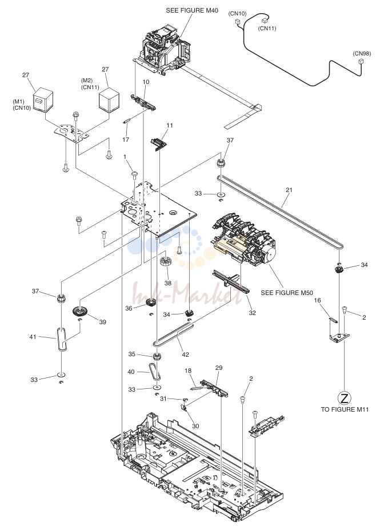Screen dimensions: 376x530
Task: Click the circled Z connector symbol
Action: [345, 398]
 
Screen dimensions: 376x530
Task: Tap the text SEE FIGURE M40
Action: [192, 10]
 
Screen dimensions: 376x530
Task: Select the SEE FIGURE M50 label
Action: [287, 293]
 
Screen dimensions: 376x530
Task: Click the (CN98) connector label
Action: [362, 53]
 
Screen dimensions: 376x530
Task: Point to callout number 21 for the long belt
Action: [289, 190]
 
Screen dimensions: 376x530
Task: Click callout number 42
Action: [186, 354]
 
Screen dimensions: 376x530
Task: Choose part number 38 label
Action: [168, 283]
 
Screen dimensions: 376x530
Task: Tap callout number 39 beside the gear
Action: [103, 322]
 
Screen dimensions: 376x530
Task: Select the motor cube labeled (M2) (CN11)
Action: [109, 98]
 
